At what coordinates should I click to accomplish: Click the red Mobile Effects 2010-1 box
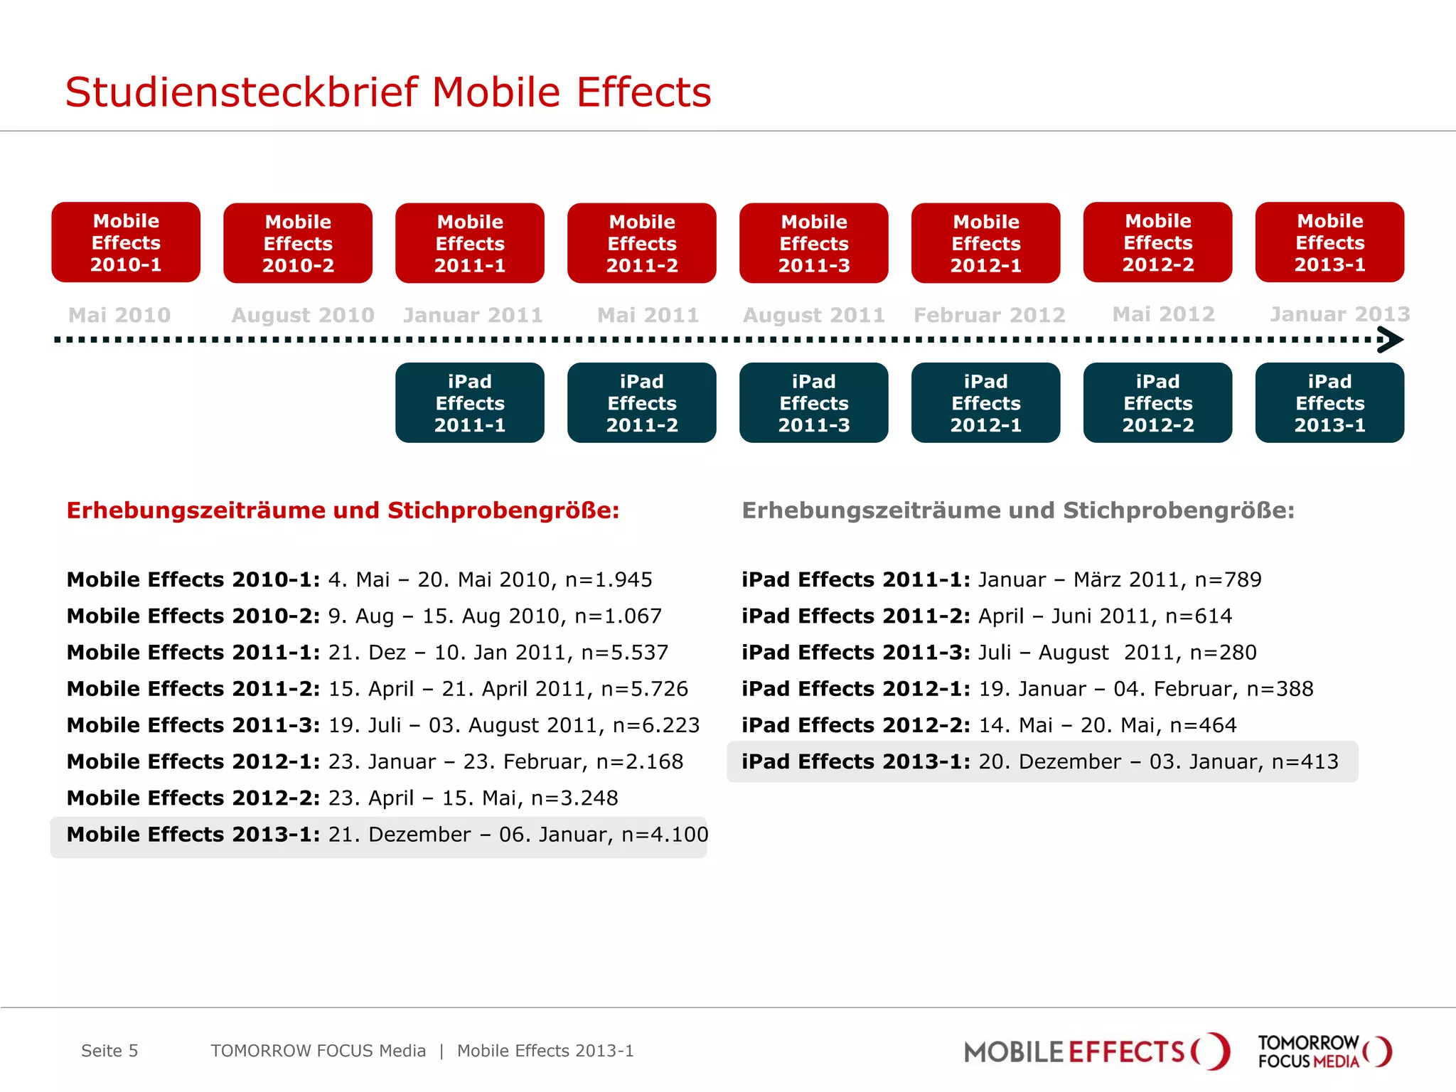pyautogui.click(x=126, y=242)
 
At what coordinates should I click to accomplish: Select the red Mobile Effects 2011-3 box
pyautogui.click(x=813, y=243)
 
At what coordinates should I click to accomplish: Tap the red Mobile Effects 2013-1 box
pyautogui.click(x=1329, y=242)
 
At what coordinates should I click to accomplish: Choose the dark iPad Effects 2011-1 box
pyautogui.click(x=470, y=403)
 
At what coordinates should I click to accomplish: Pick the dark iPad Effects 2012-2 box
pyautogui.click(x=1157, y=403)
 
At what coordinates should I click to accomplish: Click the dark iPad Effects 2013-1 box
pyautogui.click(x=1329, y=403)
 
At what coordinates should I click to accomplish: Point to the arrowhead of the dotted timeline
pyautogui.click(x=1391, y=340)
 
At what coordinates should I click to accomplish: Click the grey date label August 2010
pyautogui.click(x=303, y=315)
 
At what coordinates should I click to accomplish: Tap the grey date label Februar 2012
pyautogui.click(x=989, y=315)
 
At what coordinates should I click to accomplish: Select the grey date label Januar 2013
pyautogui.click(x=1339, y=314)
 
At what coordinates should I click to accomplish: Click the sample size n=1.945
pyautogui.click(x=609, y=580)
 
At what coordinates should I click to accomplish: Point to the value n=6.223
pyautogui.click(x=656, y=725)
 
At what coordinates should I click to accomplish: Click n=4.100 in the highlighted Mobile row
pyautogui.click(x=665, y=835)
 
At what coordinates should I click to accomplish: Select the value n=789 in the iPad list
pyautogui.click(x=1228, y=580)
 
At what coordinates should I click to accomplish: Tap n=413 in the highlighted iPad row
pyautogui.click(x=1305, y=762)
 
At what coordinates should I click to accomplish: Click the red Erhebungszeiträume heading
pyautogui.click(x=343, y=510)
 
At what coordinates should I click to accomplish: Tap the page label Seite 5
pyautogui.click(x=109, y=1051)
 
